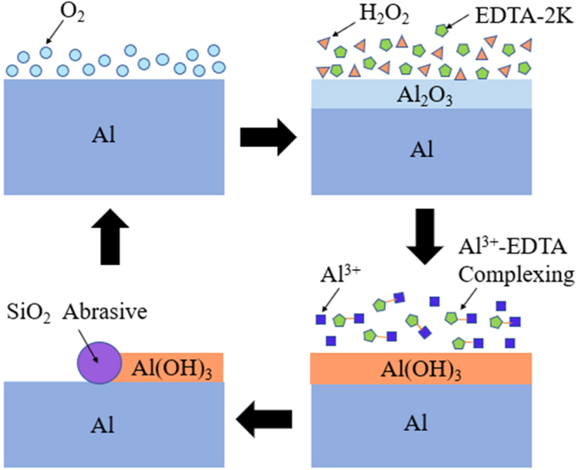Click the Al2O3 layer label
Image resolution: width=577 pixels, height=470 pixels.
[420, 96]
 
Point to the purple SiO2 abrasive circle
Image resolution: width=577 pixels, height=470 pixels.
[100, 362]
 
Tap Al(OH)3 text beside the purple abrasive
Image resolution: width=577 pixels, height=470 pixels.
[166, 367]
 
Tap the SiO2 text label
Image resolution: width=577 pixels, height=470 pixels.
[28, 311]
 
